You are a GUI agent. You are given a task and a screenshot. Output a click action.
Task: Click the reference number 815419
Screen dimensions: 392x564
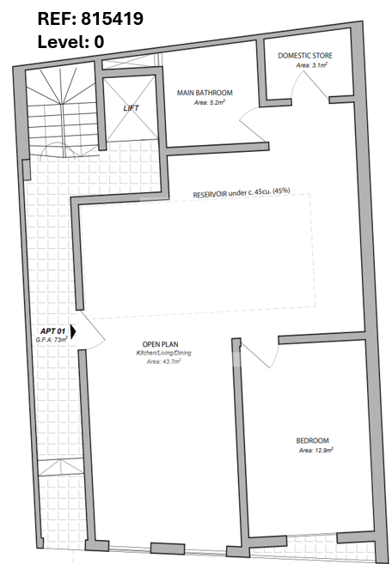coord(112,18)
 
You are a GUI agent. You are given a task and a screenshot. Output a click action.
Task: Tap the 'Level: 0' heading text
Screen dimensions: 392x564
coord(70,42)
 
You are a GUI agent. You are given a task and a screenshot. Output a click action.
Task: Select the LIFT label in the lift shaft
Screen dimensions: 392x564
coord(131,108)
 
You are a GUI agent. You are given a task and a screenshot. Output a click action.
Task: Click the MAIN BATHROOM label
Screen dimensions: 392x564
coord(205,93)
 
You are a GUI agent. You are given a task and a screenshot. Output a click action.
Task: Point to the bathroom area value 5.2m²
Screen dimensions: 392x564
coord(210,102)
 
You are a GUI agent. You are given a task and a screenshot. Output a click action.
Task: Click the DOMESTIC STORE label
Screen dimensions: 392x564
coord(305,56)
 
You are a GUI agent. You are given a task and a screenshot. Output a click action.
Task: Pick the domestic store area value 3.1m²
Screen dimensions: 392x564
coord(312,65)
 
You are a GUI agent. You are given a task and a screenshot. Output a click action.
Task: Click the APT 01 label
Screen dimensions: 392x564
coord(52,331)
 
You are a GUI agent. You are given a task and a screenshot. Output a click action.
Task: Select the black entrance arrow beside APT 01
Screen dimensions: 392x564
coord(73,331)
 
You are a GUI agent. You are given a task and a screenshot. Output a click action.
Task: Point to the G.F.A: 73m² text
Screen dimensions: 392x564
coord(52,339)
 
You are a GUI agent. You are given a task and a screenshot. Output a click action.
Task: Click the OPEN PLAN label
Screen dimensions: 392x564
coord(161,344)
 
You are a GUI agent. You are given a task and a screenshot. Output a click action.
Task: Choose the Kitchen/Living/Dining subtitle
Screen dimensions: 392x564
coord(163,353)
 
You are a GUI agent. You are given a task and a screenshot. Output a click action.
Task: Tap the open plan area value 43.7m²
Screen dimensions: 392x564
coord(163,361)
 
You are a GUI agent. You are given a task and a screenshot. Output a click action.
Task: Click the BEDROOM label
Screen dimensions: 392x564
coord(312,440)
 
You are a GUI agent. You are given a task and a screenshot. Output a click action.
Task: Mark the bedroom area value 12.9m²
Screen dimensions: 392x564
coord(316,450)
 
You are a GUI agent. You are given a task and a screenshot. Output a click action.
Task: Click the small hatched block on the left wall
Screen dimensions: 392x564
coord(26,170)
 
